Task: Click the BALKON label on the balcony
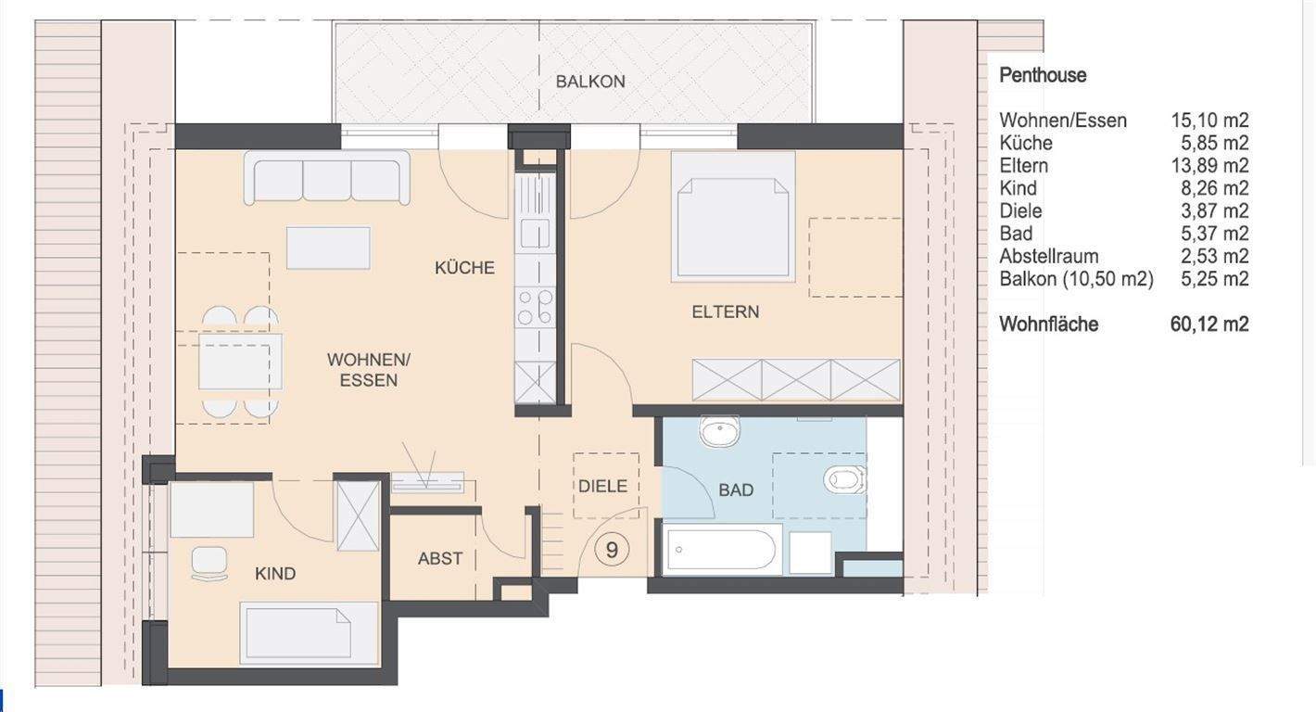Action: click(x=589, y=82)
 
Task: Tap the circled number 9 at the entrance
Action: click(x=612, y=550)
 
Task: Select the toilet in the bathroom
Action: click(x=845, y=479)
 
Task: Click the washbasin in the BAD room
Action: click(x=719, y=431)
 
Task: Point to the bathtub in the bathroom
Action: click(x=722, y=550)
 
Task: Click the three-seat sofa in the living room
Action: click(x=326, y=178)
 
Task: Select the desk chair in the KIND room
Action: click(x=209, y=564)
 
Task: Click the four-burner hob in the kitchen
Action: click(x=535, y=306)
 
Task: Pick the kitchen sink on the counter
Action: click(x=535, y=233)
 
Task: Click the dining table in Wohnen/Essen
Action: click(x=240, y=361)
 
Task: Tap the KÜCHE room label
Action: click(x=464, y=268)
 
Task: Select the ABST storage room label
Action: click(x=440, y=558)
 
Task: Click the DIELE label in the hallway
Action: click(x=602, y=486)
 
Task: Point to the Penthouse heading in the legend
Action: click(x=1043, y=75)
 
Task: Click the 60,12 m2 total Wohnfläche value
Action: click(x=1209, y=324)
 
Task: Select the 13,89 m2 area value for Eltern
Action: click(x=1209, y=166)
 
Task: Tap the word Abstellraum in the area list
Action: click(x=1049, y=257)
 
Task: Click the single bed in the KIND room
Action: click(x=309, y=633)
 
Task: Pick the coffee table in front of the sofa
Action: click(x=328, y=248)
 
